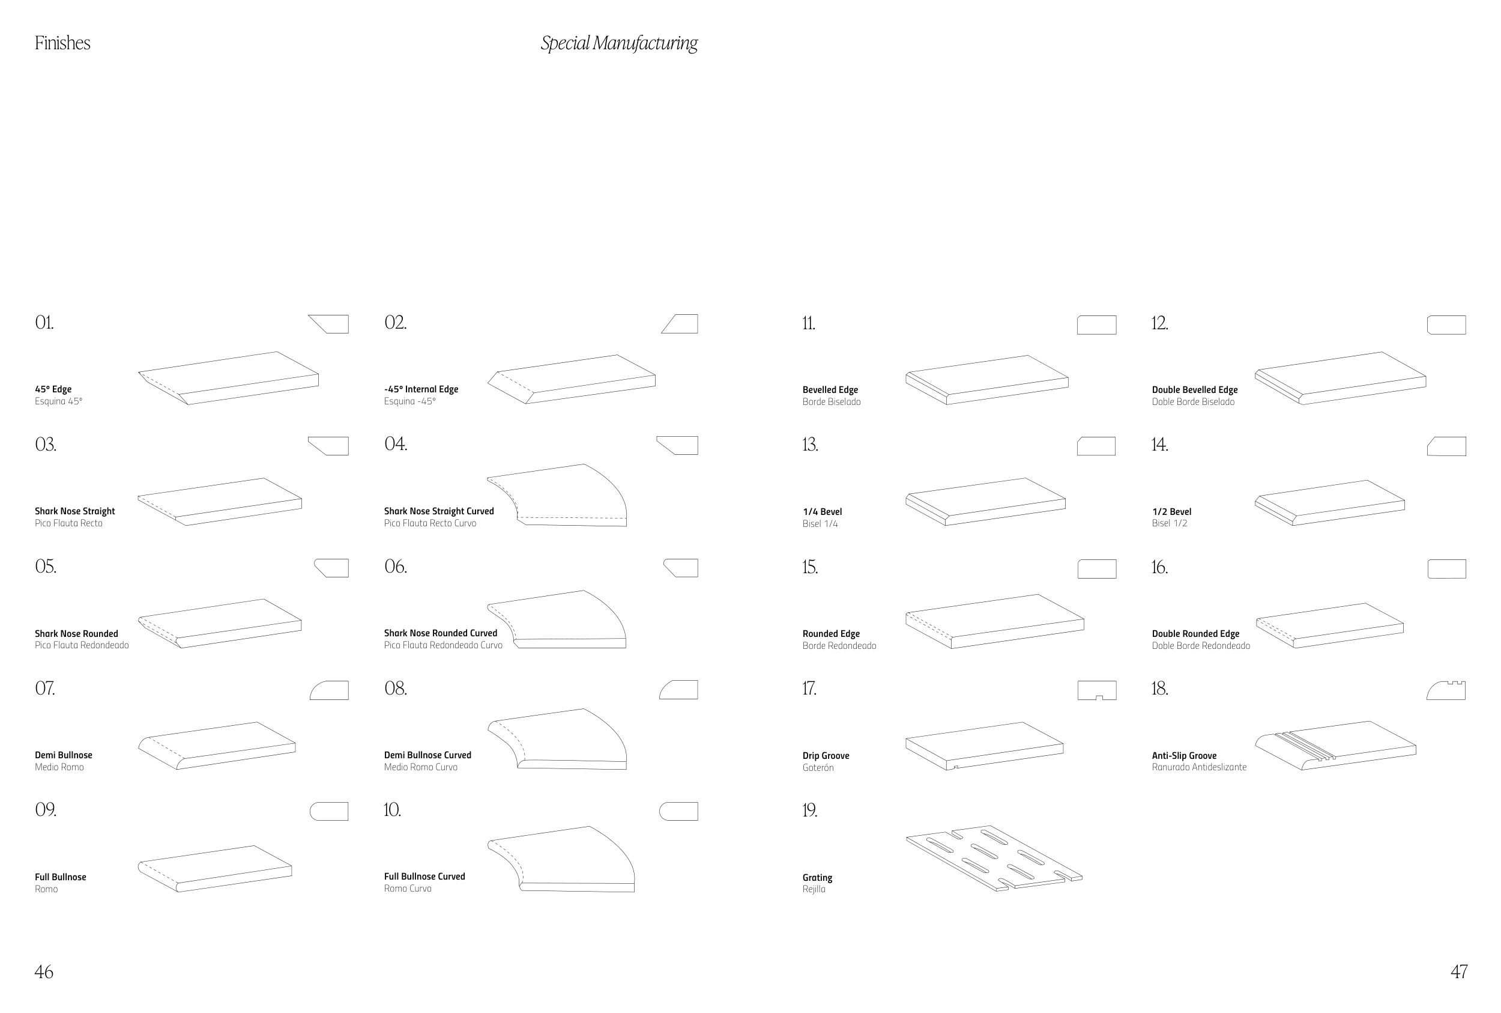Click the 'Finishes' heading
pyautogui.click(x=62, y=43)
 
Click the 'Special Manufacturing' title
pyautogui.click(x=618, y=43)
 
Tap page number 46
pyautogui.click(x=44, y=972)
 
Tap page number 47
pyautogui.click(x=1458, y=972)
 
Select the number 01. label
pyautogui.click(x=44, y=323)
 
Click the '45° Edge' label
pyautogui.click(x=53, y=389)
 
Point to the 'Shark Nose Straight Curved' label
pyautogui.click(x=438, y=511)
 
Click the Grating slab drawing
pyautogui.click(x=994, y=859)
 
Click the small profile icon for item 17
pyautogui.click(x=1096, y=690)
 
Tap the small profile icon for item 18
pyautogui.click(x=1446, y=690)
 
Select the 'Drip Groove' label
pyautogui.click(x=825, y=756)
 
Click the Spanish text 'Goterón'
pyautogui.click(x=817, y=767)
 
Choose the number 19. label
pyautogui.click(x=809, y=810)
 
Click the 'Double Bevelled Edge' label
pyautogui.click(x=1194, y=389)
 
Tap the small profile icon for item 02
pyautogui.click(x=680, y=324)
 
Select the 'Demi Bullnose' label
pyautogui.click(x=63, y=755)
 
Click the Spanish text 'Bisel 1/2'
pyautogui.click(x=1169, y=523)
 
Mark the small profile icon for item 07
pyautogui.click(x=329, y=690)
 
